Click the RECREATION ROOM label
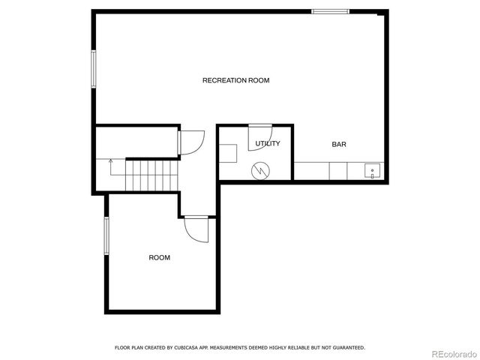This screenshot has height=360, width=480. (235, 80)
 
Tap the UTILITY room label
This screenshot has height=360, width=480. (268, 143)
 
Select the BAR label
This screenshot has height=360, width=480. (339, 144)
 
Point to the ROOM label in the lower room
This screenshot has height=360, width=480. (159, 257)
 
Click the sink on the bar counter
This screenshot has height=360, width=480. (372, 172)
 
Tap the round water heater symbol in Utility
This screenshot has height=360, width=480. (261, 170)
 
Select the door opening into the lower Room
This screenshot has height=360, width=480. (196, 229)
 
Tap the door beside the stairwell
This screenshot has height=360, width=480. (190, 142)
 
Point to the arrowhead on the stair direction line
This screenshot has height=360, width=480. (111, 160)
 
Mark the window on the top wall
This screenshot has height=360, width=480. (331, 11)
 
